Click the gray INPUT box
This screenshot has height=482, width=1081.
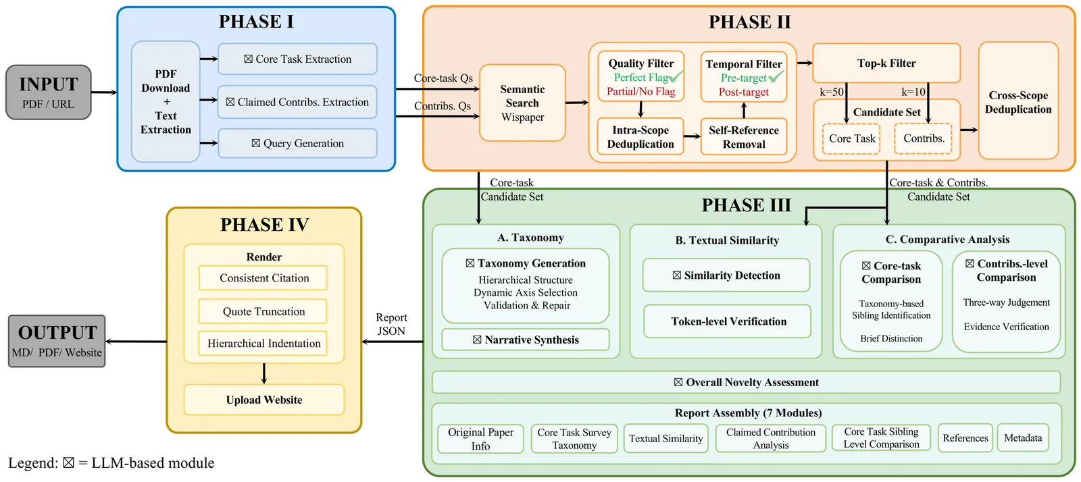(49, 92)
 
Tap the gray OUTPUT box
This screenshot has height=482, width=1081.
(57, 341)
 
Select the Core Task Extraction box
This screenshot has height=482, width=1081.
(297, 59)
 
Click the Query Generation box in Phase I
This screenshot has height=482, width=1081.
(297, 143)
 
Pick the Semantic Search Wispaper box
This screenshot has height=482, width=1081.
(522, 103)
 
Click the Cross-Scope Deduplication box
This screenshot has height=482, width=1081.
(1018, 101)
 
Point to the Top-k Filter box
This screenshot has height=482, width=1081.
(886, 63)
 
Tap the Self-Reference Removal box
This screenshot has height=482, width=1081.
(744, 137)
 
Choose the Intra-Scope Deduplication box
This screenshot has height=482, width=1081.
(640, 137)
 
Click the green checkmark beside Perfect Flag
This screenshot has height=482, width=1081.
(676, 77)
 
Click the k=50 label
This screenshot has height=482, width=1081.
(832, 92)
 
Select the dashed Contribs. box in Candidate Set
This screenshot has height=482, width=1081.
(924, 138)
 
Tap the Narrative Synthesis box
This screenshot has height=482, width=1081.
(526, 340)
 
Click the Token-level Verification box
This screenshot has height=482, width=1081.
(728, 321)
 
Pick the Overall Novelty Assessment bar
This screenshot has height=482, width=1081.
(746, 382)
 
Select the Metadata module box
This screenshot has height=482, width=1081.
(1023, 438)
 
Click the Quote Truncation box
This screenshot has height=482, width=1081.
(263, 311)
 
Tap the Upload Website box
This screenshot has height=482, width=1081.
(263, 400)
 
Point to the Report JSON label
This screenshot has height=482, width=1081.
(391, 324)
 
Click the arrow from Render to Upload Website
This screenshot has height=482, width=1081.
(264, 373)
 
